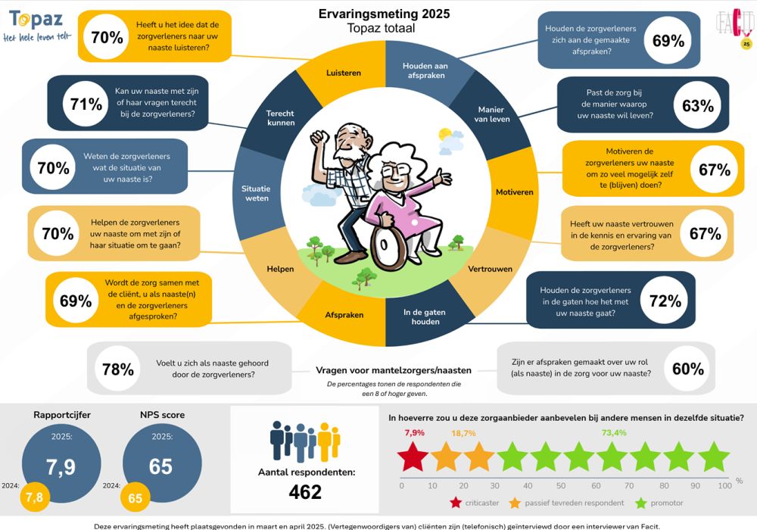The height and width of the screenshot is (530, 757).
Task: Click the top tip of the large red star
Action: pos(413,441)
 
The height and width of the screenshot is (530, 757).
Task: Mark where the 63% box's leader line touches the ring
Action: pos(518,117)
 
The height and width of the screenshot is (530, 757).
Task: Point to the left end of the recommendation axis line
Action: pos(400,478)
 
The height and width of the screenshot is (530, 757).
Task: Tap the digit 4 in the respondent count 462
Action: pos(295,492)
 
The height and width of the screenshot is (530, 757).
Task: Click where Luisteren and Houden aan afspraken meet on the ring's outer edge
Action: pos(386,41)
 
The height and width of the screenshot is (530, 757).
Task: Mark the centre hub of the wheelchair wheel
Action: pos(383,245)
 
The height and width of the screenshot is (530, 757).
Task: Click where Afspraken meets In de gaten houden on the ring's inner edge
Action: pos(386,298)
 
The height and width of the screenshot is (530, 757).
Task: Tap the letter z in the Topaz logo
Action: pos(57,20)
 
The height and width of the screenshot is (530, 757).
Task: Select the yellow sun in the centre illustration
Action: pos(444,134)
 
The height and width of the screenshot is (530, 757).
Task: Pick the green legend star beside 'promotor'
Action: pos(640,503)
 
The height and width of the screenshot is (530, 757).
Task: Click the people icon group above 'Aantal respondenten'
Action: pos(305,441)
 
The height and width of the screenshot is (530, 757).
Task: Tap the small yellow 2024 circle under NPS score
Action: pos(136,497)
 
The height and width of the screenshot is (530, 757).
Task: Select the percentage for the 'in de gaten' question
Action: pos(665,301)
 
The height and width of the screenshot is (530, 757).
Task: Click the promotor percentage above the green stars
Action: pos(614,432)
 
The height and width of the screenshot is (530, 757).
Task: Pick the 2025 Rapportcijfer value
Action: pos(61,466)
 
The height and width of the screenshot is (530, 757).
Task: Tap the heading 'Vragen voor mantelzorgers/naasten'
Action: pos(394,370)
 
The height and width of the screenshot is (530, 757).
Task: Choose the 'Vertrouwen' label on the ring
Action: pos(490,269)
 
